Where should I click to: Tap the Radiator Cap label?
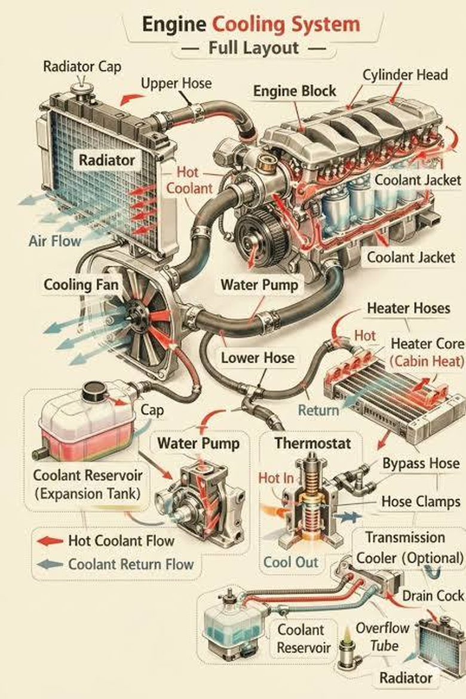pyautogui.click(x=82, y=67)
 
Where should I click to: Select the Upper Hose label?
pyautogui.click(x=176, y=84)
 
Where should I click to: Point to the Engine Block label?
pyautogui.click(x=295, y=91)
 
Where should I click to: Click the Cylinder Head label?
pyautogui.click(x=405, y=75)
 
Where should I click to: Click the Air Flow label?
pyautogui.click(x=55, y=241)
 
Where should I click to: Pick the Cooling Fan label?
pyautogui.click(x=81, y=285)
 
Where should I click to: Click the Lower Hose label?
pyautogui.click(x=257, y=357)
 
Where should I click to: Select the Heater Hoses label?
pyautogui.click(x=409, y=308)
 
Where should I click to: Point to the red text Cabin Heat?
pyautogui.click(x=427, y=361)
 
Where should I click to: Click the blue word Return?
pyautogui.click(x=318, y=410)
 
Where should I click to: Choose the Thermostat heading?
pyautogui.click(x=312, y=443)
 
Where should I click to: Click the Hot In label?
pyautogui.click(x=276, y=479)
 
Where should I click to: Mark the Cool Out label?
pyautogui.click(x=291, y=562)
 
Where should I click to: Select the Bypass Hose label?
pyautogui.click(x=421, y=464)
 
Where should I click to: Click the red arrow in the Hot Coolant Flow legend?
pyautogui.click(x=50, y=541)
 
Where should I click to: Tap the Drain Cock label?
pyautogui.click(x=433, y=596)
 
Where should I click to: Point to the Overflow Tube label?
pyautogui.click(x=382, y=637)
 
